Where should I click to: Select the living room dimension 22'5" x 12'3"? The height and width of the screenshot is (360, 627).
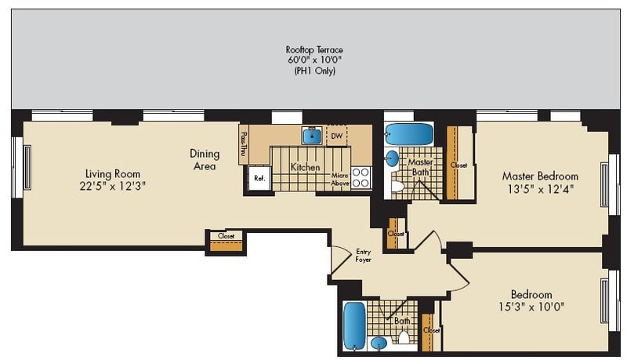(113, 186)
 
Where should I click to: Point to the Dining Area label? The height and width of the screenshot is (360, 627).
(203, 160)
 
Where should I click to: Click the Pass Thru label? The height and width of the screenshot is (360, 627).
(243, 144)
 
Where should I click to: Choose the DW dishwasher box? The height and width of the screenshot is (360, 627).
(336, 136)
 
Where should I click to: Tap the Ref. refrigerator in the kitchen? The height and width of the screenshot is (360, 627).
(259, 178)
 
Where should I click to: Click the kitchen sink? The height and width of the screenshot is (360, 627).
(312, 135)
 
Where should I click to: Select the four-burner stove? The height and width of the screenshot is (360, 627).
(361, 177)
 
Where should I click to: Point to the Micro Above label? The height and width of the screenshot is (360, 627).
(339, 180)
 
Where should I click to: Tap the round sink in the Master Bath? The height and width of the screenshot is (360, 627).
(392, 159)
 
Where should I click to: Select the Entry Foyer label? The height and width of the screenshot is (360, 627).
(363, 255)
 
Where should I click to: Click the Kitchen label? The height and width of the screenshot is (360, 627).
(305, 167)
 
